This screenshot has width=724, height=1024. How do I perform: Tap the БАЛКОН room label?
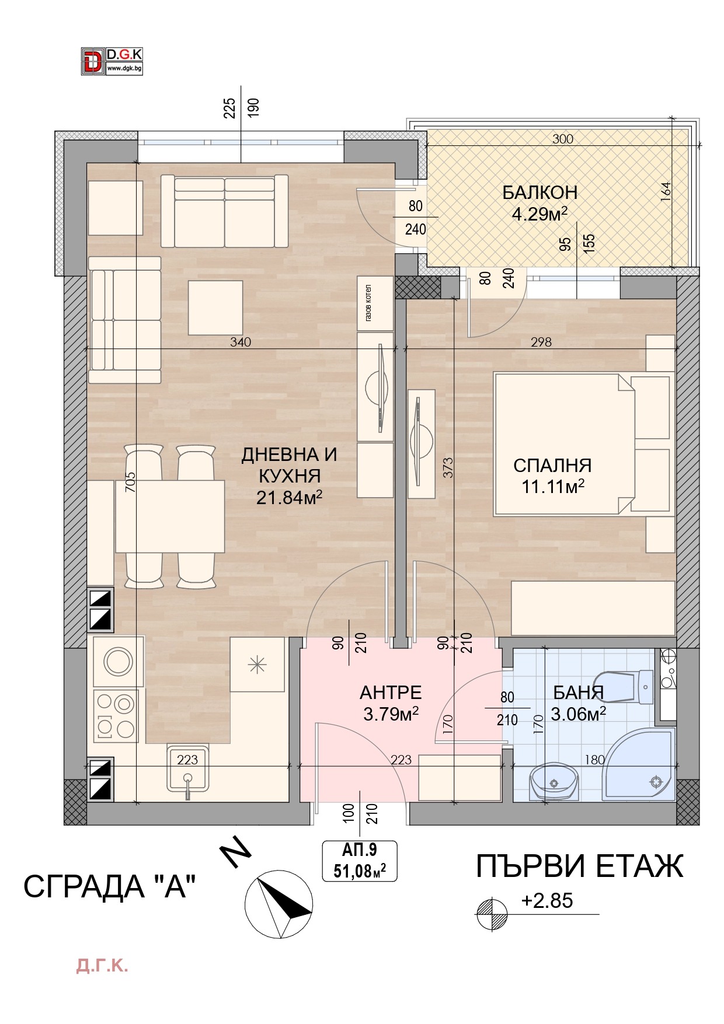(539, 192)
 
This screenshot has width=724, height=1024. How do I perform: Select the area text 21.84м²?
(289, 497)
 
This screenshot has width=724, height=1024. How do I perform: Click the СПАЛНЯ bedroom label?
(552, 466)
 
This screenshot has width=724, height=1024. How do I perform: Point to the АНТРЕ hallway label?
(391, 693)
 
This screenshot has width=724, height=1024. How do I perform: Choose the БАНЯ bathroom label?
(578, 693)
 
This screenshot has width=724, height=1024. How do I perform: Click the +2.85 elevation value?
(547, 900)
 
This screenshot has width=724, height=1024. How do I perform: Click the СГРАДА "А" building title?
(109, 887)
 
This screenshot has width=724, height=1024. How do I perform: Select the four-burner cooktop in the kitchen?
(116, 715)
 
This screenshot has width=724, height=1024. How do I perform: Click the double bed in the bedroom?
(563, 444)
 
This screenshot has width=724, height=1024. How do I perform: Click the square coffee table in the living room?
(215, 308)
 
